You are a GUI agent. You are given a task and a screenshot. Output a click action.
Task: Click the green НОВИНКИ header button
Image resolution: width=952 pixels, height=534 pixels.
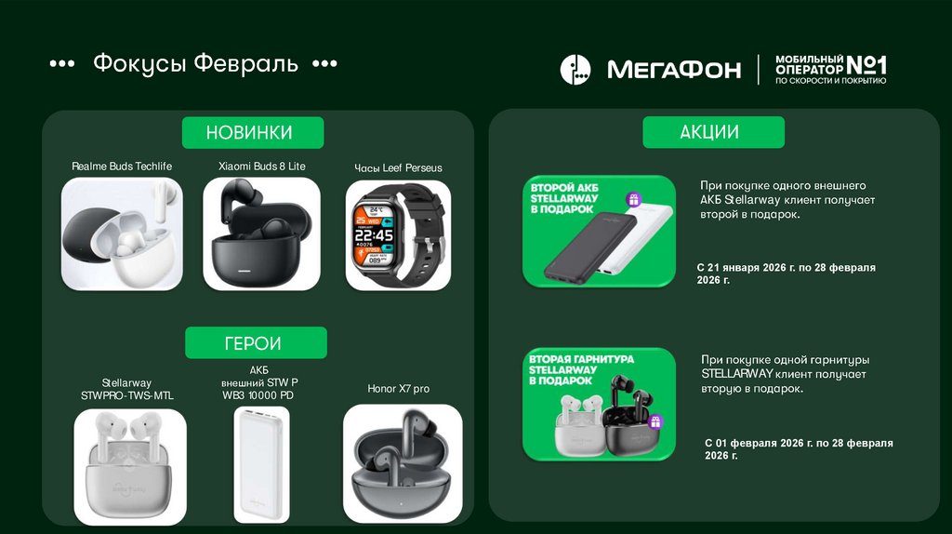[253, 132]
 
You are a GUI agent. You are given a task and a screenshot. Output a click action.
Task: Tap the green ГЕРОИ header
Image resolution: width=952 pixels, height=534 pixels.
[256, 342]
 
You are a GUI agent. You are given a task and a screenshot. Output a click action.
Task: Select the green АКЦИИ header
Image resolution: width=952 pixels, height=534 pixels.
[713, 132]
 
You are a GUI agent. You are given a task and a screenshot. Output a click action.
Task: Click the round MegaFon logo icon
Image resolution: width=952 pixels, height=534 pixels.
[575, 69]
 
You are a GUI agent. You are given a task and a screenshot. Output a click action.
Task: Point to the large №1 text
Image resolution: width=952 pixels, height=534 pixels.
[866, 65]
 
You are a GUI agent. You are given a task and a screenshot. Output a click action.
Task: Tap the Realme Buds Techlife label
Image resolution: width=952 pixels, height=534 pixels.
[122, 167]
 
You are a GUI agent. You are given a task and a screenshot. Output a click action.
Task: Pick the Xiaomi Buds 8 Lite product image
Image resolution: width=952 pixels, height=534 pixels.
[261, 234]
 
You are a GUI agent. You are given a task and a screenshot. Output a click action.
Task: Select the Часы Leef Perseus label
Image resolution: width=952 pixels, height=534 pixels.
[398, 168]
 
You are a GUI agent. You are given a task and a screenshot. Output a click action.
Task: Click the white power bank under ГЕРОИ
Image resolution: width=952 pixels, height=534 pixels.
[261, 465]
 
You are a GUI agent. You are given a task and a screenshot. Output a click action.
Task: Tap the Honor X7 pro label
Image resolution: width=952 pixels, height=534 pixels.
[398, 389]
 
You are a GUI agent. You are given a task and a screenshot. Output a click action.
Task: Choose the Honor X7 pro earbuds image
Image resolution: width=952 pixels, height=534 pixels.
[403, 463]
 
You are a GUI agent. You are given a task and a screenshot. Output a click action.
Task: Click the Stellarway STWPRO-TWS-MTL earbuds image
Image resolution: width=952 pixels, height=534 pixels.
[130, 467]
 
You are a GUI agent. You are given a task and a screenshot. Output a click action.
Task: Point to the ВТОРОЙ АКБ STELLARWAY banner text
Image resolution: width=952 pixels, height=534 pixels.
[564, 198]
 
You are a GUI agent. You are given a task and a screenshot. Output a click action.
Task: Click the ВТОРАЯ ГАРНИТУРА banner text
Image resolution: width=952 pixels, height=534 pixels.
[581, 370]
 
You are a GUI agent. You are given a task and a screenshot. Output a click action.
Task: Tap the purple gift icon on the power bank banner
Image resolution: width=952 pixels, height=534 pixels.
[634, 200]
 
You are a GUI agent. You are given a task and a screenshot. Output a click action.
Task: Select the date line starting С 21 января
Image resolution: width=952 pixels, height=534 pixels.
[787, 274]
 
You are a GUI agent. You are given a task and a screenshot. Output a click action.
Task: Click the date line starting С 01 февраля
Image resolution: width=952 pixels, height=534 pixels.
[799, 449]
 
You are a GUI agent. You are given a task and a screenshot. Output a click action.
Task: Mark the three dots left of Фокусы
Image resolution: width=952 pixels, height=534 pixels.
[62, 63]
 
